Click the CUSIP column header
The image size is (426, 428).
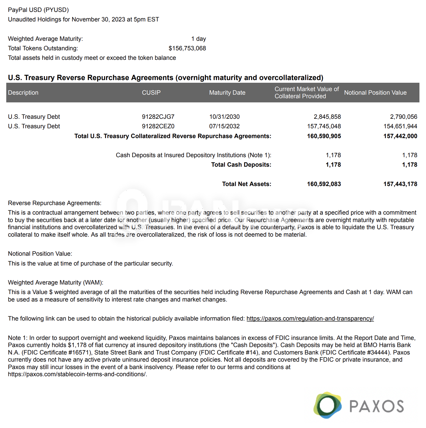tap(151, 93)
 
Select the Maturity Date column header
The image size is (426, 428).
tap(227, 93)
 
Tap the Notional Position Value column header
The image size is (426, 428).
tap(375, 93)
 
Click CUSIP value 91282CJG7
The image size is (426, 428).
tap(158, 117)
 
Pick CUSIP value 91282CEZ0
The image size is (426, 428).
tap(158, 126)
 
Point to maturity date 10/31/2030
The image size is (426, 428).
tap(224, 117)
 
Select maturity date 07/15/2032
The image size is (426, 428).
tap(224, 126)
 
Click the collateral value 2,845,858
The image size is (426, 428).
tap(327, 117)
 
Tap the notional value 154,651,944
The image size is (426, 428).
tap(400, 126)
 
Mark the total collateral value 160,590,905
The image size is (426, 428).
tap(324, 136)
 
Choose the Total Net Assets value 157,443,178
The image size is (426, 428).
tap(400, 184)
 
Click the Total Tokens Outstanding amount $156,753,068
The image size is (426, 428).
tap(187, 48)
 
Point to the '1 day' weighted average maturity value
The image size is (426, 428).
tap(198, 39)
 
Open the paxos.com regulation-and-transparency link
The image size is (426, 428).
tap(310, 318)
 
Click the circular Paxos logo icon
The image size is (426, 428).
tap(327, 405)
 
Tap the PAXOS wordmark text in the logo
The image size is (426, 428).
tap(376, 406)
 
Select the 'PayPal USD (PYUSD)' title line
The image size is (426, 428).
tap(38, 10)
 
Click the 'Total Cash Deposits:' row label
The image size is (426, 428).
tap(241, 165)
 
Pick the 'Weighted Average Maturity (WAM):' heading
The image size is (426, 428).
tap(56, 282)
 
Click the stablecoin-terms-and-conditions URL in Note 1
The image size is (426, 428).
tap(77, 374)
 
